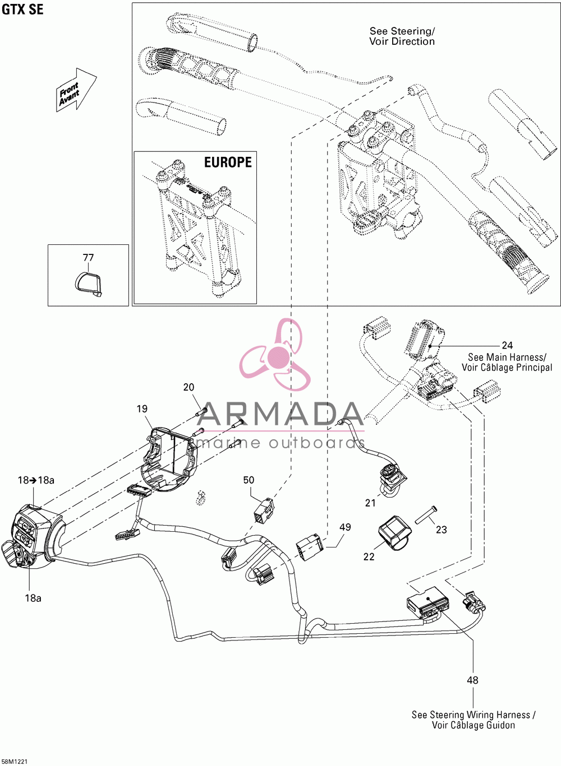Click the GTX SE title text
pos(22,10)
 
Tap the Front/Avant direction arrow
pos(76,89)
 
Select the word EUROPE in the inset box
pos(228,162)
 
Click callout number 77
pos(88,258)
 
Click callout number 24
pos(507,345)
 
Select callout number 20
pos(188,387)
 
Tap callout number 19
pos(142,408)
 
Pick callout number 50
pos(249,480)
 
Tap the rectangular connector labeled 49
pos(310,547)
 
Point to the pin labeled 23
pos(427,514)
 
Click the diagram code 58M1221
pos(14,762)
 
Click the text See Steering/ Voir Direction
pos(402,36)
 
